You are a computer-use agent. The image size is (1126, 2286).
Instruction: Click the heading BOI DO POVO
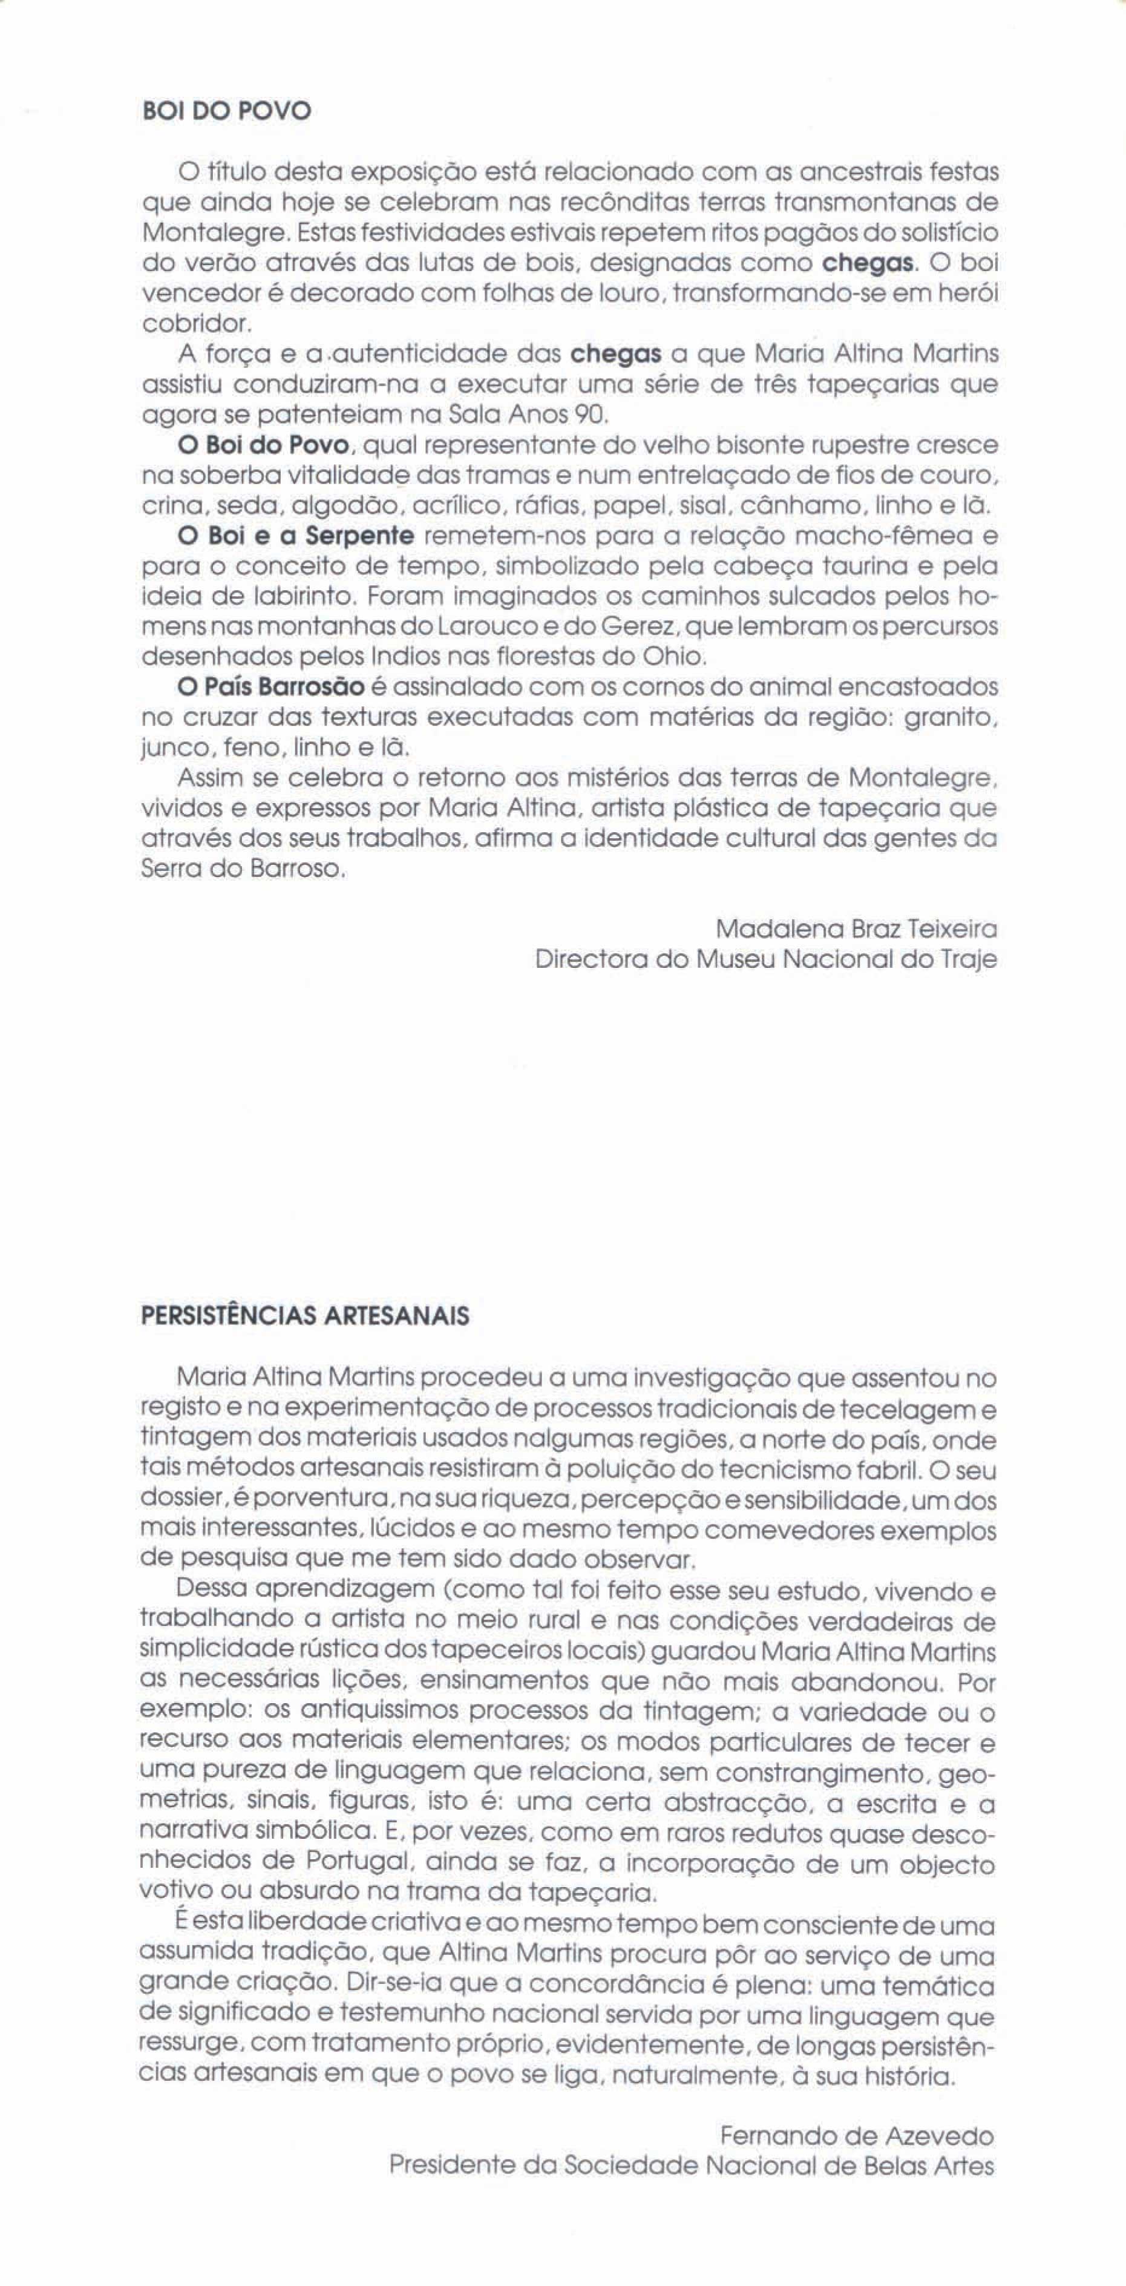(226, 112)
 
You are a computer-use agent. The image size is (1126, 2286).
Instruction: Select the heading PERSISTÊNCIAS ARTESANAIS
(304, 1315)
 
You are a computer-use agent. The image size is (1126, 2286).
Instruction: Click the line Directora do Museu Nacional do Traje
(766, 959)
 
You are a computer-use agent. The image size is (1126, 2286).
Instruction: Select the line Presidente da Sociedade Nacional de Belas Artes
(691, 2166)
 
